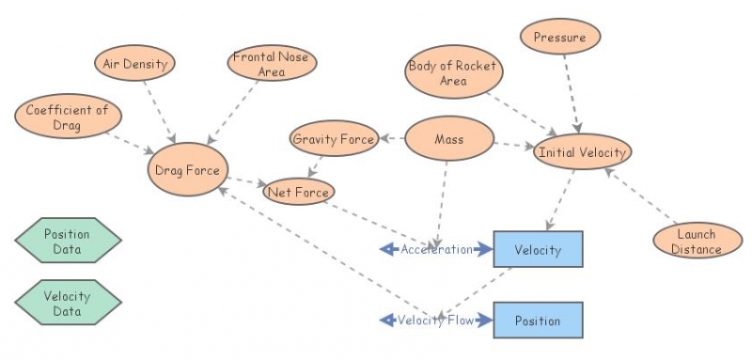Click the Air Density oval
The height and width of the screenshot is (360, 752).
coord(134,65)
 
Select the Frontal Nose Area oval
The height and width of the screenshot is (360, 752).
coord(273,65)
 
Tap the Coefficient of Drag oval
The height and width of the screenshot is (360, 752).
coord(68,117)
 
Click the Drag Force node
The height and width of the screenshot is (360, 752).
coord(188,170)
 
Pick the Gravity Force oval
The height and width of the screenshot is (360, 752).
coord(334,139)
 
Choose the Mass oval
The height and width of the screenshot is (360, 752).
coord(449,140)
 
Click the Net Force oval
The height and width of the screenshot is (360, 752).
coord(299,193)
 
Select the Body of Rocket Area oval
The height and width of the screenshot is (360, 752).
coord(453,74)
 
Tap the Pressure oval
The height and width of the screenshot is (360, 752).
coord(559,39)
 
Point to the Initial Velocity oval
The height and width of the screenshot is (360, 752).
coord(581,151)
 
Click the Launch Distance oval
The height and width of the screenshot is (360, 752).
coord(697,242)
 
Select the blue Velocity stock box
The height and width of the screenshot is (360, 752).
coord(538,250)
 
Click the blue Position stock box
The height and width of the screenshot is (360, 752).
coord(538,321)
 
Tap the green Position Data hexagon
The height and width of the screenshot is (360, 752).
coord(68,242)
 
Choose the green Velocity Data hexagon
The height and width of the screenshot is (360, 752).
coord(68,303)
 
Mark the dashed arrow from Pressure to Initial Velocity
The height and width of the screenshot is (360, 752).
coord(571,94)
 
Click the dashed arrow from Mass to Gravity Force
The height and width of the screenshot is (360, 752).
coord(392,139)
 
